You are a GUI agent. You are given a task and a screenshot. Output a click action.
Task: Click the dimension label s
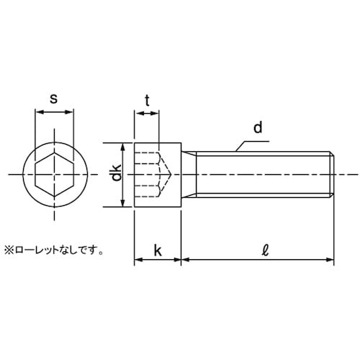point(54,98)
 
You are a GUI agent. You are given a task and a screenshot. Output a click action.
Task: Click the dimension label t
point(147,102)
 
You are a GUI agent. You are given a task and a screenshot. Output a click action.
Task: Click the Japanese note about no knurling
point(54,251)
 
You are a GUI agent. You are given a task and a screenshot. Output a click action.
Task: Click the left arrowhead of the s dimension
point(37,112)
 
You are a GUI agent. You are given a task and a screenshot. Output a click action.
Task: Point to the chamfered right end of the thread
point(332,174)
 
